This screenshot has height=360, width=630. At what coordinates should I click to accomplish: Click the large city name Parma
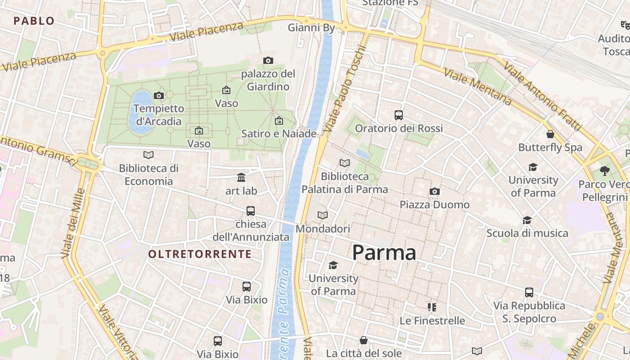point(384,252)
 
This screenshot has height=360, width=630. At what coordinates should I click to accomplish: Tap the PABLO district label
point(34,21)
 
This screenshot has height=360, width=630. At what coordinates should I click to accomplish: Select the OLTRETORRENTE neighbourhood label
point(200,254)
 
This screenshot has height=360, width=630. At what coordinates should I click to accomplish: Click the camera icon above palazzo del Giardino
point(268,60)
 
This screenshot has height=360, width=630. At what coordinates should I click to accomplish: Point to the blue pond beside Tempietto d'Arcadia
point(140,112)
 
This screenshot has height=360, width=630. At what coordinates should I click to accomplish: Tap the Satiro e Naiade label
point(279,134)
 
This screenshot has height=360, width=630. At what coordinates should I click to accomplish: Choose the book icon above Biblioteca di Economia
point(148,155)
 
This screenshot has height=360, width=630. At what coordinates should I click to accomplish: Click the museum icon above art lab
point(241,177)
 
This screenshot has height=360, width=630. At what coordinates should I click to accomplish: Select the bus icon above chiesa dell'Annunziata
point(251,211)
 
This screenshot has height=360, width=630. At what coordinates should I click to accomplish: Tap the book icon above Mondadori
point(323,216)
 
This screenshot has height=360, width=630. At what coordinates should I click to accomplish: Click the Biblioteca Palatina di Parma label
point(345,183)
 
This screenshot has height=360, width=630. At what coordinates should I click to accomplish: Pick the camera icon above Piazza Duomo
point(434,192)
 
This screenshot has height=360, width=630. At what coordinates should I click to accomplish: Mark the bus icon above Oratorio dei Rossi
point(399,115)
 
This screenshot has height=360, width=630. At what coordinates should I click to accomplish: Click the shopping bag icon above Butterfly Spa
point(550,134)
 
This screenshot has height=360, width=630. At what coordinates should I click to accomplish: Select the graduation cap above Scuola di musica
point(527,220)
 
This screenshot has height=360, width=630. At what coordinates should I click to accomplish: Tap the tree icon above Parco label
point(604,171)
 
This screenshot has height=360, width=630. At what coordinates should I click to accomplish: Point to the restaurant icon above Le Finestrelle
point(432,307)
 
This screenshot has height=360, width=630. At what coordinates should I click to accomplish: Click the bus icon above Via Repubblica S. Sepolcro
point(529,292)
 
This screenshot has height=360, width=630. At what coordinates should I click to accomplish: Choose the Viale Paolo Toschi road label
point(342,88)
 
